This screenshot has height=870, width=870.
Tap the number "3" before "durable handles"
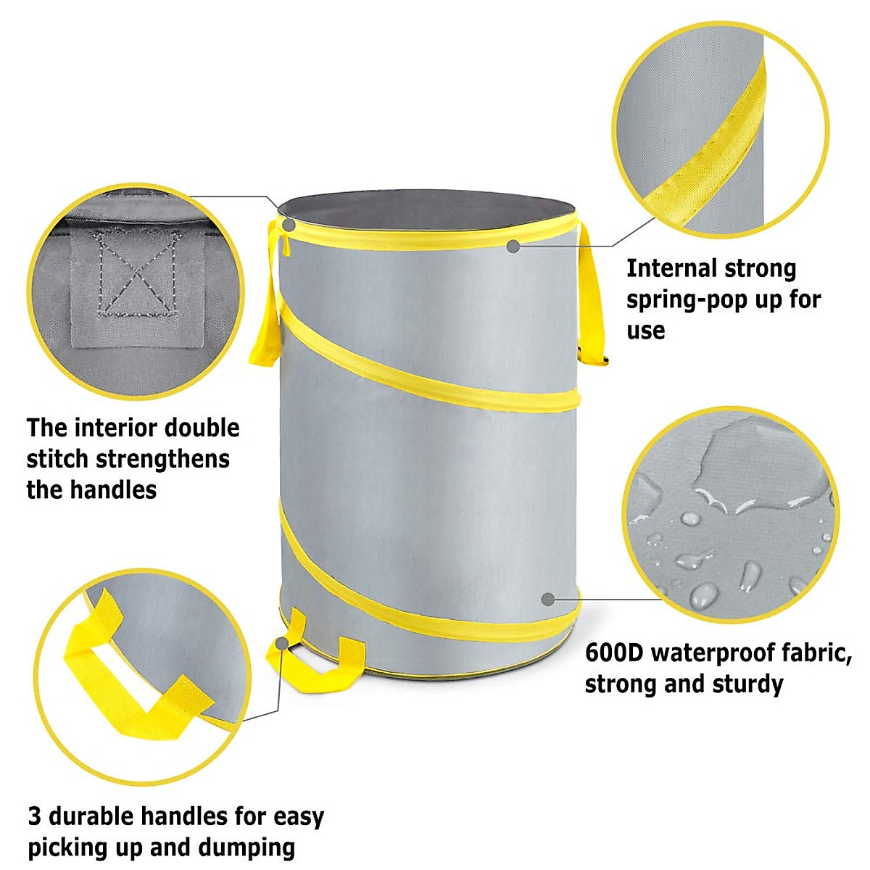click(35, 816)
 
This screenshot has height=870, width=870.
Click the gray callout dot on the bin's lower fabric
click(549, 600)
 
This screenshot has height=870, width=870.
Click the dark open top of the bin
click(428, 209)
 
